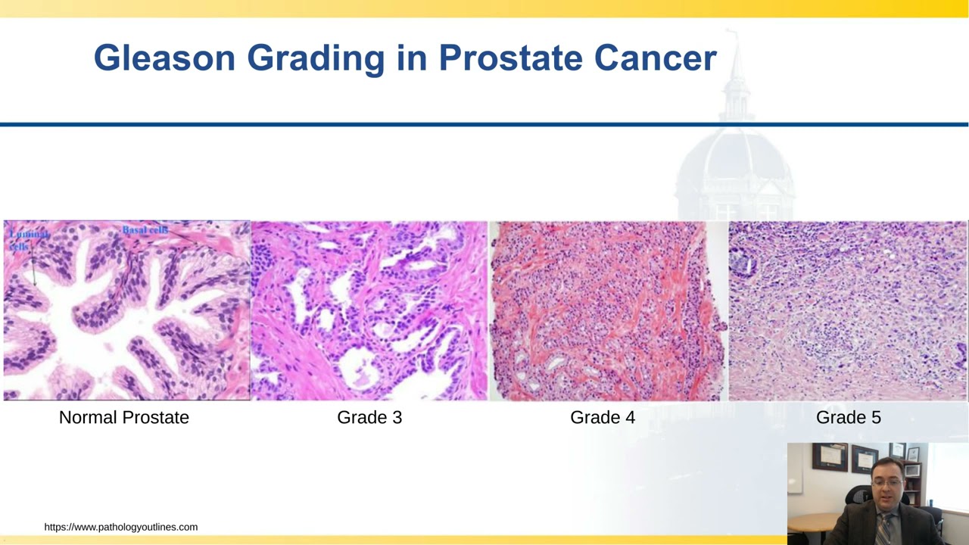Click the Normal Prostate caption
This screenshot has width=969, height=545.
(124, 417)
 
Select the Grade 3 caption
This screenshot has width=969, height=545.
(369, 417)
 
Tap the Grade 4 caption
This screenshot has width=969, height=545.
(603, 417)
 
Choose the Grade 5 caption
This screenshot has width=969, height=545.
(848, 417)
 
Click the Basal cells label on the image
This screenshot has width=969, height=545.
(145, 229)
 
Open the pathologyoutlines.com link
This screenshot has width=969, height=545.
(121, 527)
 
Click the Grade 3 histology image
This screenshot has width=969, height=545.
(369, 310)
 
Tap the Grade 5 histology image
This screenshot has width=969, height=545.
(848, 310)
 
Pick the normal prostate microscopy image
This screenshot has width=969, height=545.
(126, 310)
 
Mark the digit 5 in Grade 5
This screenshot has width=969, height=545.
(876, 417)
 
